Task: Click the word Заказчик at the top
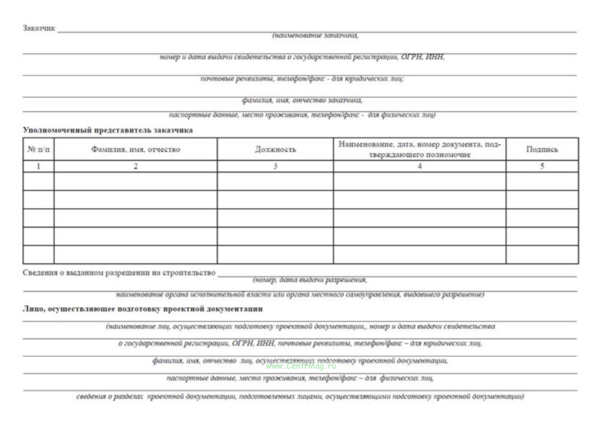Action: [39, 28]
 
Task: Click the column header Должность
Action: [275, 149]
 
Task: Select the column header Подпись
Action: [542, 149]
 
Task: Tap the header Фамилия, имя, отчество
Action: [136, 149]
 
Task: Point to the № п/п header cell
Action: [38, 149]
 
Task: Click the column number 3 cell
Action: [275, 166]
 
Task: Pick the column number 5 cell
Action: [542, 166]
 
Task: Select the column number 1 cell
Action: [38, 166]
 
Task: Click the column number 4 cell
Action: [420, 166]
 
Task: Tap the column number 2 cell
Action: [136, 166]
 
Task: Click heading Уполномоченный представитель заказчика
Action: [108, 130]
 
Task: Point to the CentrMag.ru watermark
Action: [301, 366]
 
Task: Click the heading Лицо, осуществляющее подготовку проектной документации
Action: [143, 309]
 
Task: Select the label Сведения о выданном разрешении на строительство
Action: [119, 273]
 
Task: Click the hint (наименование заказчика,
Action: [315, 35]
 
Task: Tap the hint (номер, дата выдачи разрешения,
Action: [310, 280]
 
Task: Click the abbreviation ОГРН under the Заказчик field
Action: [411, 57]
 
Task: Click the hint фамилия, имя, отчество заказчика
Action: [302, 100]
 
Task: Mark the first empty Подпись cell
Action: [542, 181]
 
